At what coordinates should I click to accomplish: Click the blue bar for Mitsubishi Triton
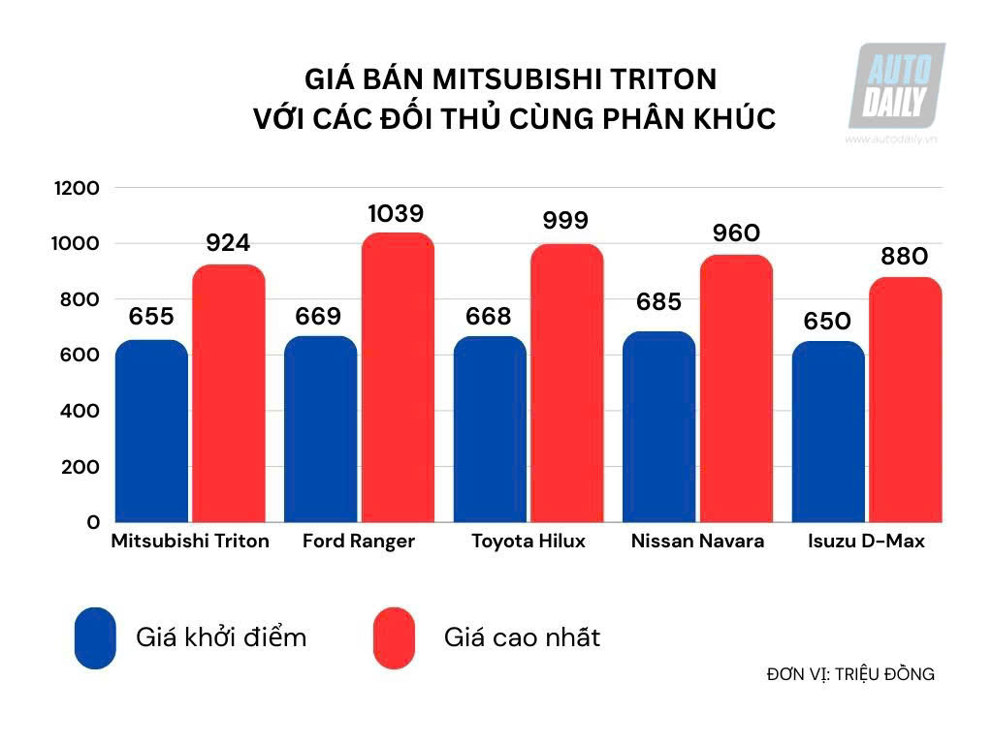tap(151, 431)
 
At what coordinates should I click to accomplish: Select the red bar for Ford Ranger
tap(398, 378)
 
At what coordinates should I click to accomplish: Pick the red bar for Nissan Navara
tap(736, 388)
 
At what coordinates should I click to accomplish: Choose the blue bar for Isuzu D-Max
tap(828, 432)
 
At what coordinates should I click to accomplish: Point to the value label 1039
tap(396, 214)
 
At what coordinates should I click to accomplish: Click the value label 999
tap(565, 221)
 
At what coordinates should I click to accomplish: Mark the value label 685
tap(658, 302)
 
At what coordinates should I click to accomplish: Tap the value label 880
tap(904, 257)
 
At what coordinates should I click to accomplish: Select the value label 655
tap(150, 317)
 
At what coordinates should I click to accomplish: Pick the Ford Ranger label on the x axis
tap(358, 542)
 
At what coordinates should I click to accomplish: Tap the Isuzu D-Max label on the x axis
tap(866, 542)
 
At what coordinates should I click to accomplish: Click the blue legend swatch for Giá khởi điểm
tap(95, 637)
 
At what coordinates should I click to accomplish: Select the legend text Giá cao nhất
tap(522, 637)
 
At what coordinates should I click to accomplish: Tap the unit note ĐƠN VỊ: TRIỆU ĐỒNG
tap(849, 674)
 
